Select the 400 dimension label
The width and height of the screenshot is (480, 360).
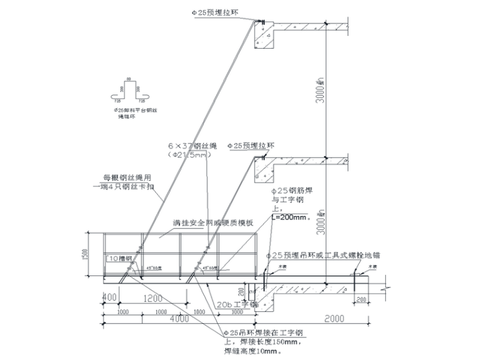click(110, 297)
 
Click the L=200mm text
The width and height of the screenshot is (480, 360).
click(291, 217)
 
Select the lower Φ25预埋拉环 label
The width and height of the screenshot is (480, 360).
click(253, 146)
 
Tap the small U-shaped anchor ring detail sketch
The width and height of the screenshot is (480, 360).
click(129, 93)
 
